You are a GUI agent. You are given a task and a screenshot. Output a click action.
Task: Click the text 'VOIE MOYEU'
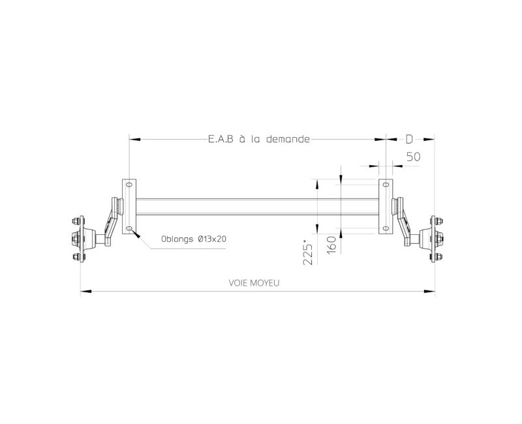(x=258, y=283)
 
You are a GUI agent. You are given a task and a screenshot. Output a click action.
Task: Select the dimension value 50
(x=413, y=157)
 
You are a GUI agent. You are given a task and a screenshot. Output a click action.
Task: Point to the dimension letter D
(x=409, y=139)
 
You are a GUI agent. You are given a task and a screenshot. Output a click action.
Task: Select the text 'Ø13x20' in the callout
(x=212, y=239)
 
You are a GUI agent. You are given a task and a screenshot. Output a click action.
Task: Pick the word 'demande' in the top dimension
(x=283, y=139)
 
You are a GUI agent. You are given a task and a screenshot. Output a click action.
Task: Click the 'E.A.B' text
(x=219, y=139)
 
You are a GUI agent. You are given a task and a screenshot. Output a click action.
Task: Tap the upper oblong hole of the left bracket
(x=129, y=185)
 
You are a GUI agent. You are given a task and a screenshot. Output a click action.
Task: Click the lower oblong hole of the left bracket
(x=129, y=228)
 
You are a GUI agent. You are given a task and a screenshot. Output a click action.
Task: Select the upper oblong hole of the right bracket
(x=386, y=185)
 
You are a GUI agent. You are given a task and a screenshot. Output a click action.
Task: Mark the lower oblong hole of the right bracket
(x=386, y=228)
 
